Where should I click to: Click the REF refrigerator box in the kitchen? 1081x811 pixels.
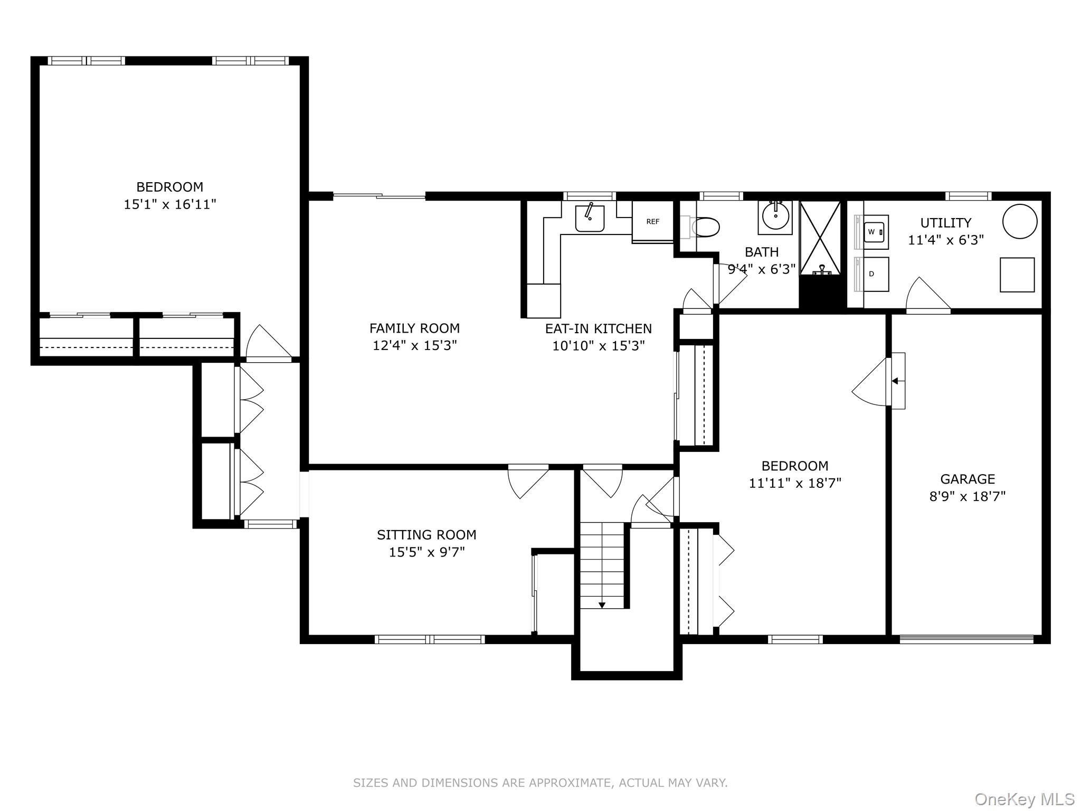[x=653, y=222]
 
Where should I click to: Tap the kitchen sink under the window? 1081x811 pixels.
[x=590, y=219]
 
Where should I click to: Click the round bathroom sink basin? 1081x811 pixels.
[x=775, y=216]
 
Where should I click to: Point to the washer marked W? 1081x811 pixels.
[x=876, y=232]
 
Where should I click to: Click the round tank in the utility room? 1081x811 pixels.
[x=1020, y=221]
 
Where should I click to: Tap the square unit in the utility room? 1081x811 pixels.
[x=1017, y=275]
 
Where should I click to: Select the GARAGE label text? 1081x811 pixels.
[x=968, y=479]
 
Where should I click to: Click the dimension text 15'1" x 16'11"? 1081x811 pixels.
[x=170, y=204]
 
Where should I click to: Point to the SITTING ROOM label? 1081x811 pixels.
[x=426, y=535]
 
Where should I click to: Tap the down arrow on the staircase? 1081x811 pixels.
[x=602, y=605]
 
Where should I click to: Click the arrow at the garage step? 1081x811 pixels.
[x=895, y=381]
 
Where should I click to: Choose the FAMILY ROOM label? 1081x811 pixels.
[x=414, y=328]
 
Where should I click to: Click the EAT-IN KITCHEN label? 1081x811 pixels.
[x=599, y=328]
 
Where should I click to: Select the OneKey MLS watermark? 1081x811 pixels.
[x=1024, y=799]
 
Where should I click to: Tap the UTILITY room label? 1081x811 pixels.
[x=946, y=223]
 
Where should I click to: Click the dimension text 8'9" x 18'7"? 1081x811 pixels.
[x=968, y=496]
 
